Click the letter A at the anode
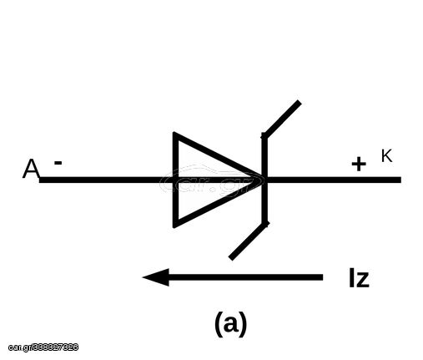pyautogui.click(x=31, y=169)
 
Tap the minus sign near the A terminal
pyautogui.click(x=58, y=163)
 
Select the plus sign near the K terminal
pyautogui.click(x=359, y=164)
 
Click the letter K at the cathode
pyautogui.click(x=386, y=155)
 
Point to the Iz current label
pyautogui.click(x=359, y=277)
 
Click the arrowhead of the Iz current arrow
pyautogui.click(x=156, y=277)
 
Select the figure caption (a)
pyautogui.click(x=230, y=324)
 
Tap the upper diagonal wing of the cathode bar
pyautogui.click(x=281, y=119)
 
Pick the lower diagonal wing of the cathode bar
pyautogui.click(x=249, y=241)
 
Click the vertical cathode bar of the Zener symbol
pyautogui.click(x=264, y=180)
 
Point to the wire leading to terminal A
pyautogui.click(x=106, y=180)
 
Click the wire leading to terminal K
pyautogui.click(x=334, y=180)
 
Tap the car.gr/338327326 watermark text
pyautogui.click(x=43, y=347)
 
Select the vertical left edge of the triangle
pyautogui.click(x=175, y=180)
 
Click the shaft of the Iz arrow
pyautogui.click(x=245, y=277)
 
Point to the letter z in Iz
pyautogui.click(x=362, y=280)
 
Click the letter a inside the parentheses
pyautogui.click(x=230, y=324)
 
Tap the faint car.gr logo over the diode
pyautogui.click(x=211, y=180)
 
